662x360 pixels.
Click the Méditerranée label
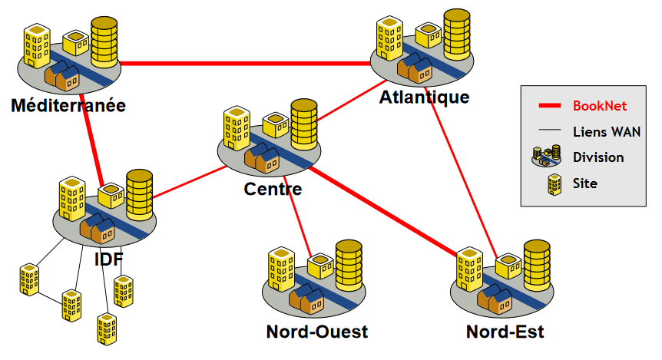(x=68, y=105)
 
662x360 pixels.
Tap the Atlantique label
(x=424, y=97)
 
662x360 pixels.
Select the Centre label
(x=273, y=188)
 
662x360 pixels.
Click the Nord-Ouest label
(x=316, y=332)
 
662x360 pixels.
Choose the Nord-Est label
(x=505, y=332)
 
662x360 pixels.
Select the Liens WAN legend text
(x=607, y=131)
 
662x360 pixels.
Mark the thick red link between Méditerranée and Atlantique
(x=246, y=63)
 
